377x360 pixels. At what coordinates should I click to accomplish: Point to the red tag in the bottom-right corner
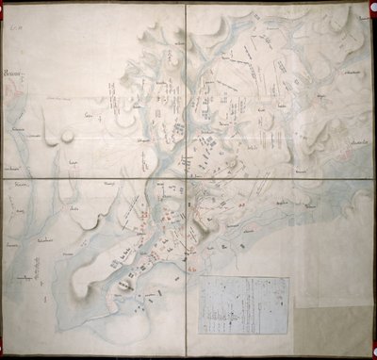click(360, 341)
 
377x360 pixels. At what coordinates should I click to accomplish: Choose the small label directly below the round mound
click(70, 161)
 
